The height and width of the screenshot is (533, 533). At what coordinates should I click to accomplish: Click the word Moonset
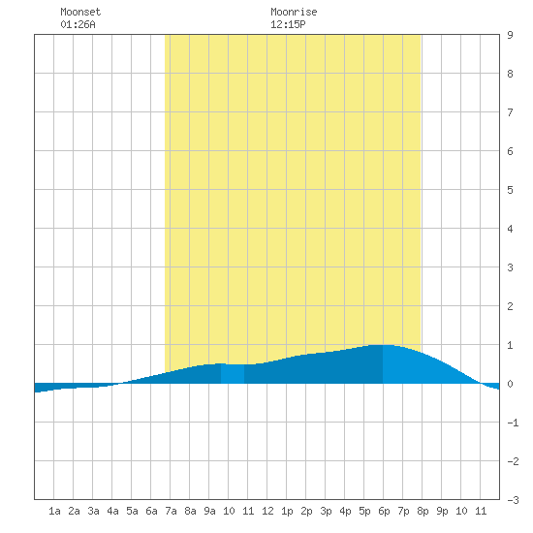point(80,12)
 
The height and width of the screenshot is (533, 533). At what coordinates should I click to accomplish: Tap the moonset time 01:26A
point(78,24)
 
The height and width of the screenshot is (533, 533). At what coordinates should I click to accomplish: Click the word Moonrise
point(294,12)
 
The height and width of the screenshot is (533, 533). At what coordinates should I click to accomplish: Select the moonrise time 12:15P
point(288,24)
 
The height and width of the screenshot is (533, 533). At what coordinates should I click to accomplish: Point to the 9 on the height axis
point(510,35)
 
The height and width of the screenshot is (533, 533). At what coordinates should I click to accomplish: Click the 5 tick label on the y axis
point(510,190)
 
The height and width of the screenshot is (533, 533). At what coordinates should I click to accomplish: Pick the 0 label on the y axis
point(510,384)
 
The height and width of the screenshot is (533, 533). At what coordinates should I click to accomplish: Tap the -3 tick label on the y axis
point(513,500)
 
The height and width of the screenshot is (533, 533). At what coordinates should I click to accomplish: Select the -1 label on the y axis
point(513,423)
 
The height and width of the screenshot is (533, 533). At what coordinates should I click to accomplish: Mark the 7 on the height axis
point(510,112)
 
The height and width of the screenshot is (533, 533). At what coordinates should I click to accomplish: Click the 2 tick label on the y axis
point(510,306)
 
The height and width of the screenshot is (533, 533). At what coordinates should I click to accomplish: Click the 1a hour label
point(54,511)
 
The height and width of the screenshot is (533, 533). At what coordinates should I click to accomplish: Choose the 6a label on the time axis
point(151,511)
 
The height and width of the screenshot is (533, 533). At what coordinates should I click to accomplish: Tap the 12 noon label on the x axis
point(267,511)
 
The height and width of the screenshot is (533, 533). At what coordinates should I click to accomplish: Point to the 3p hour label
point(326,511)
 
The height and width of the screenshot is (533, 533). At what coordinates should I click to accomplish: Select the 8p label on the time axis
point(423,511)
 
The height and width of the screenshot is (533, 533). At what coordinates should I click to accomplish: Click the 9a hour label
point(209,511)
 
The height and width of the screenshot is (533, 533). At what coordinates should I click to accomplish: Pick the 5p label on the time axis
point(364,511)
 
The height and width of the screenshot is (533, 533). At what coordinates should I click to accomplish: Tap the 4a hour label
point(112,511)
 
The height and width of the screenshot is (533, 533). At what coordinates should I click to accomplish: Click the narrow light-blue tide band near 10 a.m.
point(233,374)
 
